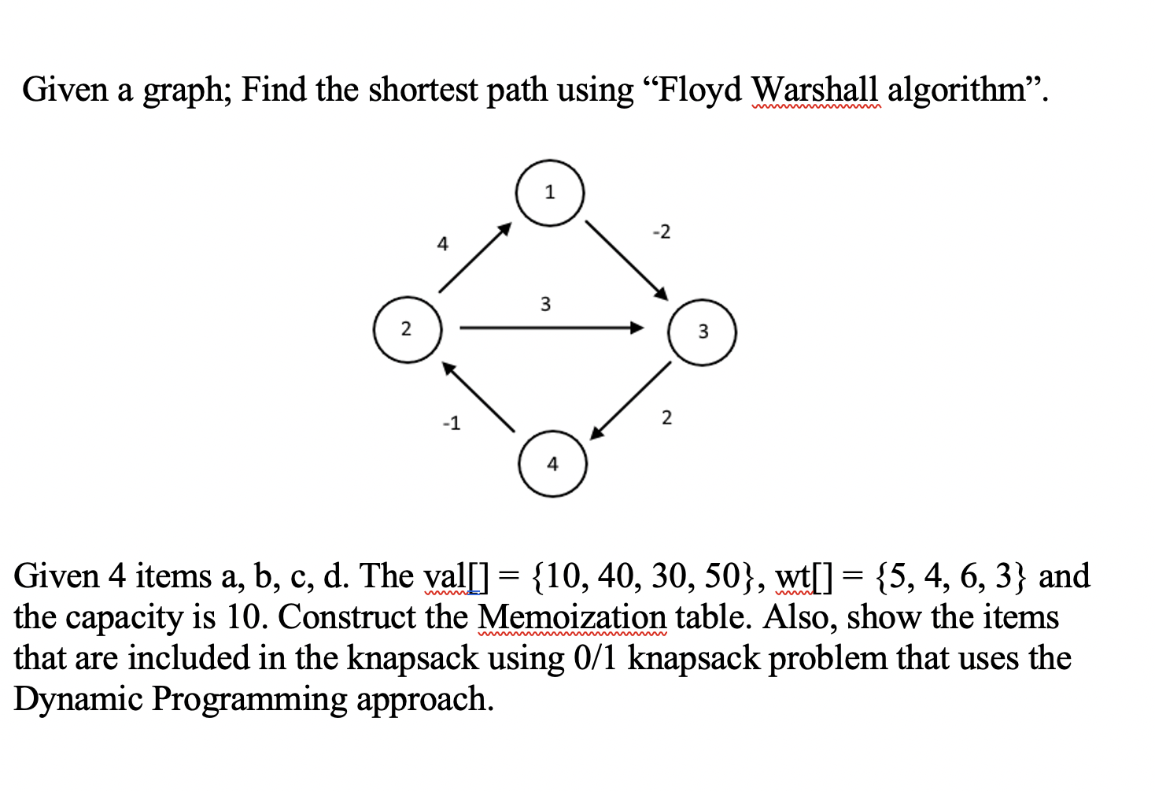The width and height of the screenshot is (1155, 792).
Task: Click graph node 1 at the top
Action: pos(550,193)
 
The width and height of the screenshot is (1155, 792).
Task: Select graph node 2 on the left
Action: pos(407,329)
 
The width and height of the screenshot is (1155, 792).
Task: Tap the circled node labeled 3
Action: pos(702,331)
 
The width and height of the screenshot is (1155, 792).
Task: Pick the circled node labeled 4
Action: pos(552,464)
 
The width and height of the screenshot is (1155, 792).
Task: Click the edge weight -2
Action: pos(662,232)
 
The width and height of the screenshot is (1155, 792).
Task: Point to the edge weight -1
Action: pos(451,424)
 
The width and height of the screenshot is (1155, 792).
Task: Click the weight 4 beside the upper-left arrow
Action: pos(443,245)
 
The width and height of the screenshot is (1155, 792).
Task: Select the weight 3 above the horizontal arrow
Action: pos(545,304)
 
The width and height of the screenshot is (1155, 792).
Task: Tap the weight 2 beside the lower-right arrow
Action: pos(666,417)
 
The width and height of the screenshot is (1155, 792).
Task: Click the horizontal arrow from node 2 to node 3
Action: pos(551,328)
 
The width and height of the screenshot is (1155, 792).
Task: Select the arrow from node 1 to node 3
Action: pos(626,259)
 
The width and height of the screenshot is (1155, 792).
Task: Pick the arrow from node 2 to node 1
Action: pos(474,257)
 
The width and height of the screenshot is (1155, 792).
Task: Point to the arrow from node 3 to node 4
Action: pos(631,400)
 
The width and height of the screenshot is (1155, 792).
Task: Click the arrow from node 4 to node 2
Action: pos(478,397)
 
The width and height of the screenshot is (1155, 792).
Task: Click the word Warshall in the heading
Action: pos(814,90)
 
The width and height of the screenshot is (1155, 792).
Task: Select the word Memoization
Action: pos(572,616)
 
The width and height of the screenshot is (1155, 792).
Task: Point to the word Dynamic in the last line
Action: pos(78,698)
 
